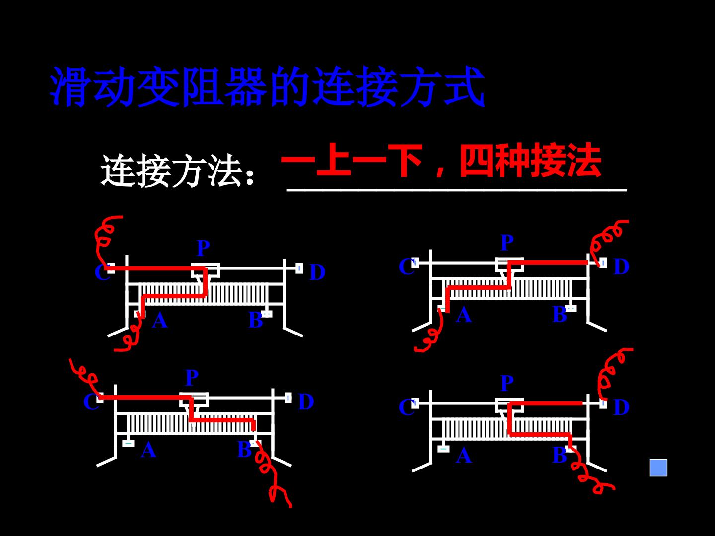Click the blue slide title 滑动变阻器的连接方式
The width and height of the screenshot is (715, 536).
267,86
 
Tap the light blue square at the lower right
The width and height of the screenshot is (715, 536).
658,468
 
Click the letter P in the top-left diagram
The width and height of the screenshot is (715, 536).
203,248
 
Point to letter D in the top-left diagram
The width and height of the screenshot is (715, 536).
317,272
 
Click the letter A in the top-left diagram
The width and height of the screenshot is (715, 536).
160,320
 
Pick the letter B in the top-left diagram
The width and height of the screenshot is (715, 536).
256,320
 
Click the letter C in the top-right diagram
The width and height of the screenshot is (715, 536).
406,266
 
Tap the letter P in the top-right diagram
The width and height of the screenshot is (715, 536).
507,243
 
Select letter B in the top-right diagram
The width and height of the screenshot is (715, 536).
560,314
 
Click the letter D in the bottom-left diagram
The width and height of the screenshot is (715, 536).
306,402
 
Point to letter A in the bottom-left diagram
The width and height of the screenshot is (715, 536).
148,450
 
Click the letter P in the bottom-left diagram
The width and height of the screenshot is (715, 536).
192,378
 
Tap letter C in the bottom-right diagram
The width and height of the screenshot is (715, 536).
406,407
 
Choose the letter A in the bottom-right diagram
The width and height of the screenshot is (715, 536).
464,455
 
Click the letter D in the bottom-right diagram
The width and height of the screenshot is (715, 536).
621,407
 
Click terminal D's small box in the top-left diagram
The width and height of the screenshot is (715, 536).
299,268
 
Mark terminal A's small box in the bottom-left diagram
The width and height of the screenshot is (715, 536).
128,443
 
